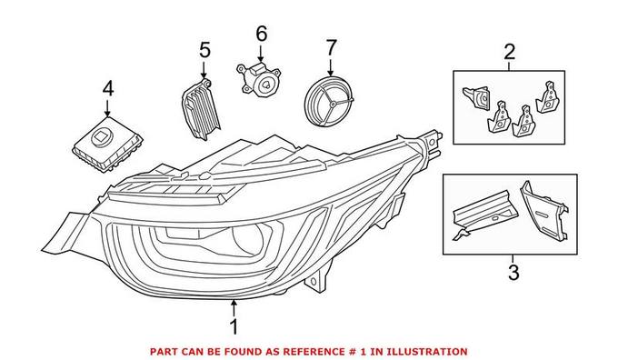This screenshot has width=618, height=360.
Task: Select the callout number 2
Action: pos(509,51)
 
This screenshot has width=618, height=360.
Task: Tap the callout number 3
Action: pos(513,271)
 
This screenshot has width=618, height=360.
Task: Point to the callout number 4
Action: pos(108,89)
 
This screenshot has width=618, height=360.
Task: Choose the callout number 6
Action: pos(261,34)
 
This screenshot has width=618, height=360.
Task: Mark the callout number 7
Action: pos(331,45)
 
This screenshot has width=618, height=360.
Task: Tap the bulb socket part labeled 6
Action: pos(262,81)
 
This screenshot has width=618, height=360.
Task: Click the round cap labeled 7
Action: pos(330,105)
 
